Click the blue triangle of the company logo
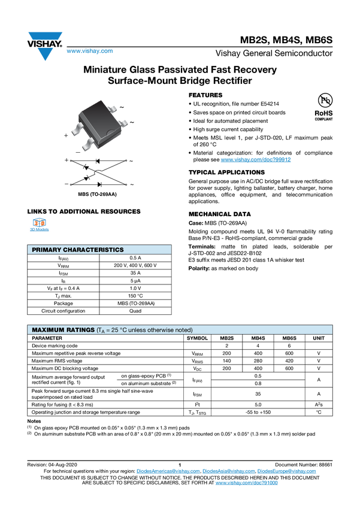44,54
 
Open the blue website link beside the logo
89,51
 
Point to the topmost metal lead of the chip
111,108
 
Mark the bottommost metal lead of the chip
87,143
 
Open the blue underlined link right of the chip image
256,160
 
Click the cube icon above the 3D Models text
40,223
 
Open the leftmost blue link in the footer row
167,471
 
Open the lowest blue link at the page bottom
246,482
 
